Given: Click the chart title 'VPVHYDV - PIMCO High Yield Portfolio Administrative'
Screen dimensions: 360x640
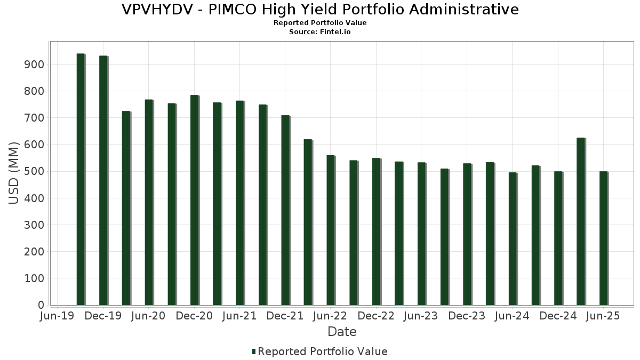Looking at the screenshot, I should tap(320, 10).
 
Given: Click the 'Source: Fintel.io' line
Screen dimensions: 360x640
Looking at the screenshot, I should tap(320, 32).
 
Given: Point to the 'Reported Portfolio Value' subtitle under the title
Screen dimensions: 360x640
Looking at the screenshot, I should tap(320, 23).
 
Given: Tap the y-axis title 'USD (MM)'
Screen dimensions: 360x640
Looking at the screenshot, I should tap(14, 173).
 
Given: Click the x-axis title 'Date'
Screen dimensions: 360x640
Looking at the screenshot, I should tap(342, 332).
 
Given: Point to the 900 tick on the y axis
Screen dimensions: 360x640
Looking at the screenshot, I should tap(34, 65).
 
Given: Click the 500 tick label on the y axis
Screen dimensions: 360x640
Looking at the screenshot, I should tap(34, 171).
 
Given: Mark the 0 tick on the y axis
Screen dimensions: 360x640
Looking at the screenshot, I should tap(41, 305).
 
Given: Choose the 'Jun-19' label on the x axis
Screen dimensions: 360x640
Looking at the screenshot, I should tap(58, 316).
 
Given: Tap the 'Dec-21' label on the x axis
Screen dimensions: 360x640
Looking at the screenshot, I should tap(285, 316).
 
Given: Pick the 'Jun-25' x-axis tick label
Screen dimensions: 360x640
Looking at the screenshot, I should tap(603, 316).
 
